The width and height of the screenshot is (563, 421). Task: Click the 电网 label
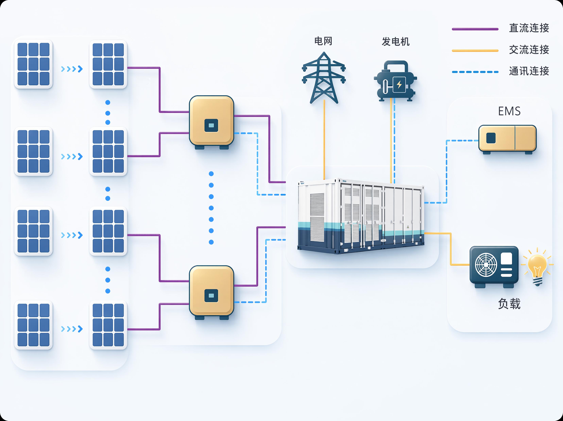[323, 41]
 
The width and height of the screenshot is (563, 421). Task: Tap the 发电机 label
[396, 41]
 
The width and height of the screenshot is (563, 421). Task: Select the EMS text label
[509, 111]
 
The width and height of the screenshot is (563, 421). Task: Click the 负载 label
[509, 304]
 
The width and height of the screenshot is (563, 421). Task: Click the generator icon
[395, 81]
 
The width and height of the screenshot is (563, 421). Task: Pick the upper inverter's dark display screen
[211, 125]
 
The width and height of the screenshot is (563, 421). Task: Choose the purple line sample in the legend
[475, 29]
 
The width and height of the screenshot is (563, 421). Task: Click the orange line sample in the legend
[475, 51]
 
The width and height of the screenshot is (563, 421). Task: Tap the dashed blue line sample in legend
[475, 72]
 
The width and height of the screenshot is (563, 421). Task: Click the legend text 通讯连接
[529, 71]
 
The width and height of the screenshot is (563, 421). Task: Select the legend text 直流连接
[529, 28]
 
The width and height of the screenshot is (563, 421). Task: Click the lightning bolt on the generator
[399, 84]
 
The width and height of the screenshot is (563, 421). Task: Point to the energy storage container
[361, 216]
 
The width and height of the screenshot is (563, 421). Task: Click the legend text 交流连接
[529, 50]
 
